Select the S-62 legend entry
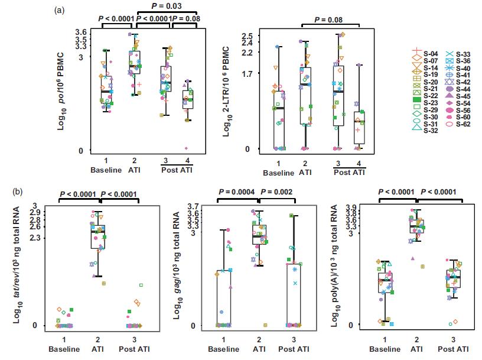pyautogui.click(x=464, y=125)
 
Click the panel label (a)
pyautogui.click(x=58, y=10)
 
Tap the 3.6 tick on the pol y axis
pyautogui.click(x=81, y=33)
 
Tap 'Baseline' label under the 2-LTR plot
pyautogui.click(x=278, y=173)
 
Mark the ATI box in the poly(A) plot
pyautogui.click(x=418, y=226)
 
